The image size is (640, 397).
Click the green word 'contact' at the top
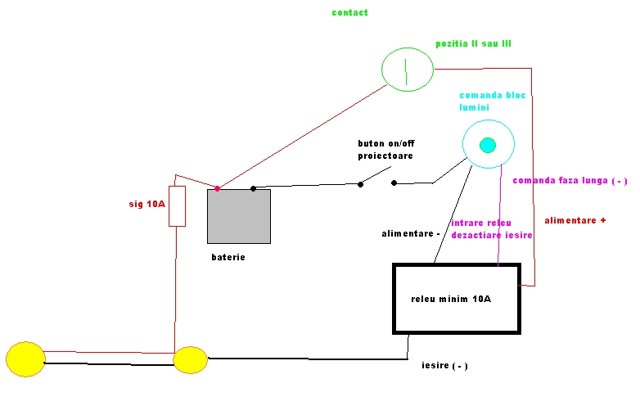tap(349, 13)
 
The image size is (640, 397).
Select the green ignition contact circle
tap(408, 68)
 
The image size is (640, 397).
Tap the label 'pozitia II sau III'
tap(474, 43)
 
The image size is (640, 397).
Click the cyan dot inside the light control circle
tap(488, 146)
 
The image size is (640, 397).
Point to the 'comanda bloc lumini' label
tap(493, 102)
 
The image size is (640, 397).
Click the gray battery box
tap(239, 216)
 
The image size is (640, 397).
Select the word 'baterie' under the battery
tap(228, 257)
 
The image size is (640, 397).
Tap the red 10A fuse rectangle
tap(177, 205)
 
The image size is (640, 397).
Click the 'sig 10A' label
tap(147, 204)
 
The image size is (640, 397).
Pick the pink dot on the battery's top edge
tap(217, 189)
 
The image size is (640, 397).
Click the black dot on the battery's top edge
tap(254, 189)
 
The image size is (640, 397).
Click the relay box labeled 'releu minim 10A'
tap(457, 298)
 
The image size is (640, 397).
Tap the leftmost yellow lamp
tap(25, 359)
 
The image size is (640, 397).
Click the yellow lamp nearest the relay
tap(191, 360)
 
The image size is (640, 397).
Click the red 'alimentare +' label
tap(575, 220)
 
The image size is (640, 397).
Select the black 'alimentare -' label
tap(411, 234)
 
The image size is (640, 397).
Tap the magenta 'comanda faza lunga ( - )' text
tap(570, 181)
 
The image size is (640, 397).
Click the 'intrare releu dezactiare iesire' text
tap(492, 228)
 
